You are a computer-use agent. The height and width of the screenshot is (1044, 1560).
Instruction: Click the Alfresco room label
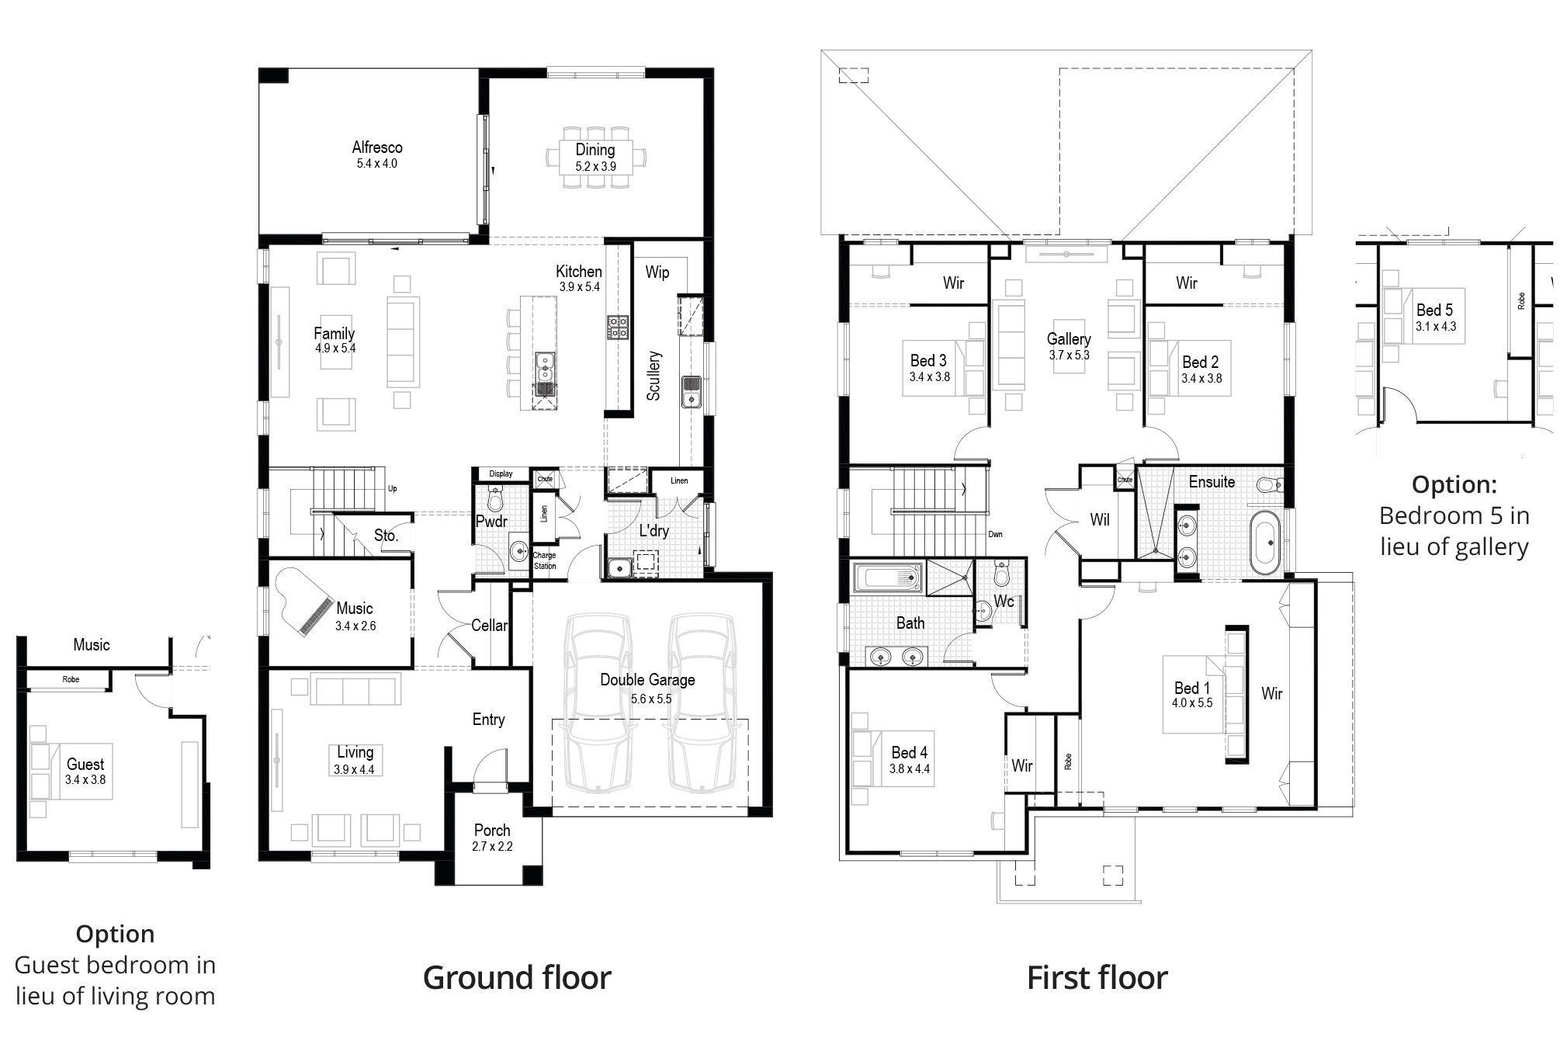coord(377,147)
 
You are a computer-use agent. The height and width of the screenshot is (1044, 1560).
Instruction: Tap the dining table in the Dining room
coord(595,158)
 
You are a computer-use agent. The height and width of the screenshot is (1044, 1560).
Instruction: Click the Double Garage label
coord(647,680)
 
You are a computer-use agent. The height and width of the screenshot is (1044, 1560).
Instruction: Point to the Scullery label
coord(653,376)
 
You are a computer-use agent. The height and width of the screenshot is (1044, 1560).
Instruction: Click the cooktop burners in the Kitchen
coord(618,327)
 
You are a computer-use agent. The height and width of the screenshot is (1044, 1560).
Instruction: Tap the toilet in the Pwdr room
coord(495,498)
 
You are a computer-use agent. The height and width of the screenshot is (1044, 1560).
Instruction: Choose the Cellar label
coord(490,626)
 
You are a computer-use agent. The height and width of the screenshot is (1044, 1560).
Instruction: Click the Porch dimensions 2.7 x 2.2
coord(492,847)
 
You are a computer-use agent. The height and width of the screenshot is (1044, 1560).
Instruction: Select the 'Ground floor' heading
coord(517,978)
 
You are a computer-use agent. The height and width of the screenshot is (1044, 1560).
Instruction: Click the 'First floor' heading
coord(1097,978)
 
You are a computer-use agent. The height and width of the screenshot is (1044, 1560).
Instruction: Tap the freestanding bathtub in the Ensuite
coord(1264,542)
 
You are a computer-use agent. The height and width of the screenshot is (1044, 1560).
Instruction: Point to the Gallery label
coord(1069,339)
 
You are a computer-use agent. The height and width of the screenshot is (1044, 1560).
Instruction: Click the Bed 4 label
coord(909,752)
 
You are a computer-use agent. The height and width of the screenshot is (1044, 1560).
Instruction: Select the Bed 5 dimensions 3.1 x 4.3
coord(1435,327)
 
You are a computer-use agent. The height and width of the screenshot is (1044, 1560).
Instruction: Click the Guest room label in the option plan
coord(85,765)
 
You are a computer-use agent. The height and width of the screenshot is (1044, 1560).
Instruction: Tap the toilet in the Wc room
coord(1002,574)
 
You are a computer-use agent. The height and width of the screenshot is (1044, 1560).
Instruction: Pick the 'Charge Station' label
coord(545,560)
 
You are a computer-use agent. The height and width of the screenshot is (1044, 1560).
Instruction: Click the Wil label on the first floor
coord(1100,520)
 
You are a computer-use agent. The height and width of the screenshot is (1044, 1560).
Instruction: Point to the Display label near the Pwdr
coord(501,473)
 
